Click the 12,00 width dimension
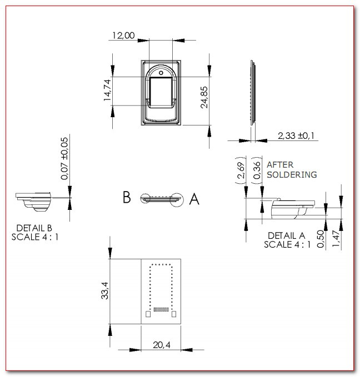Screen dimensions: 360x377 point(123,36)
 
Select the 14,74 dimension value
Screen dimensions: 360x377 point(107,90)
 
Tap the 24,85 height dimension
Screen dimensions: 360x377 point(204,97)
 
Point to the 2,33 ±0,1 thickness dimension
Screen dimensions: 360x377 point(296,135)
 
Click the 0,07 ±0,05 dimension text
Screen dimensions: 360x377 point(64,158)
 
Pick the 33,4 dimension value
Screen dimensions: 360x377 point(104,290)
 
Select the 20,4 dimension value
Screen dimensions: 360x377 point(162,345)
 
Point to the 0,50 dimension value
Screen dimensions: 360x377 point(321,239)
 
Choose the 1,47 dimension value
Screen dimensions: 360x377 point(336,239)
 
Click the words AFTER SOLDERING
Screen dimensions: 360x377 point(292,170)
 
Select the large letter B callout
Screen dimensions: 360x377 point(127,197)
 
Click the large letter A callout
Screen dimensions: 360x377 point(194,199)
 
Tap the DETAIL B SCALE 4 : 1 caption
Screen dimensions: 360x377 point(35,233)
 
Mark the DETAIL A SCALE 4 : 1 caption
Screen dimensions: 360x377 point(287,240)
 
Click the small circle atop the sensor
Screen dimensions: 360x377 point(161,73)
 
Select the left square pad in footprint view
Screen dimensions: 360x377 point(148,314)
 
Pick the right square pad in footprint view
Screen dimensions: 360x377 point(174,314)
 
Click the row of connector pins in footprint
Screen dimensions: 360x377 point(161,309)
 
